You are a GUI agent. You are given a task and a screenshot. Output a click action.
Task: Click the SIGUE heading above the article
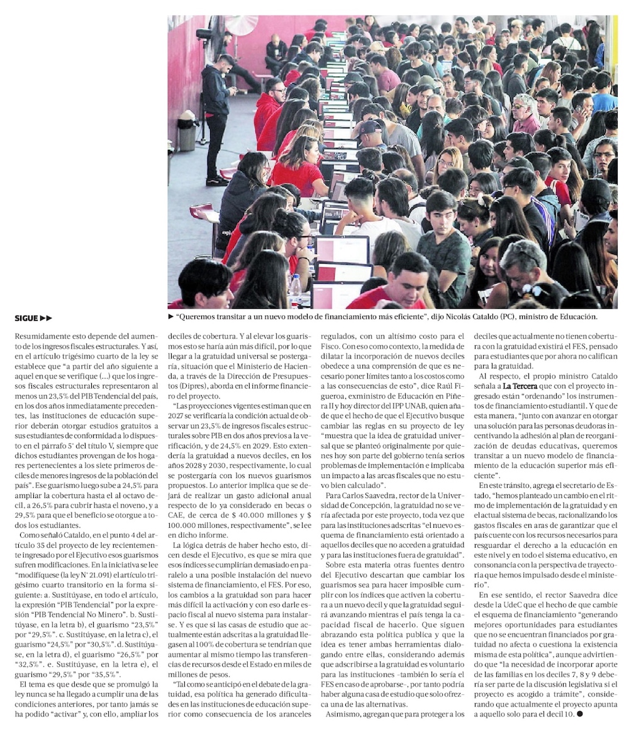point(33,318)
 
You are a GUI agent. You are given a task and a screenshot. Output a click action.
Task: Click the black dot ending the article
point(580,715)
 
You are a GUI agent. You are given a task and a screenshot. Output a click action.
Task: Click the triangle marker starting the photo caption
point(171,318)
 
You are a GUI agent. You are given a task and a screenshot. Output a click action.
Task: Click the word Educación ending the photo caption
point(575,318)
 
